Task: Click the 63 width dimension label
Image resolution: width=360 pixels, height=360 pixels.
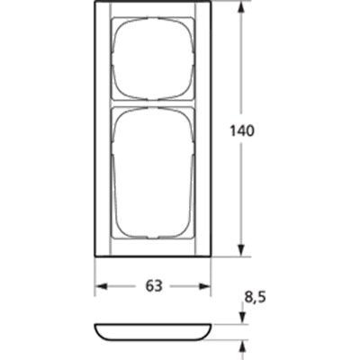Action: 153,286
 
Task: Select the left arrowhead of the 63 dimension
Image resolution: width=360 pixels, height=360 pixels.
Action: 101,286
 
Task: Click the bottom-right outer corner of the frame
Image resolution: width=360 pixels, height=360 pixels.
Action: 211,256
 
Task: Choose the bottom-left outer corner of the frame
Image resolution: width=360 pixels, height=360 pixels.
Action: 95,256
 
